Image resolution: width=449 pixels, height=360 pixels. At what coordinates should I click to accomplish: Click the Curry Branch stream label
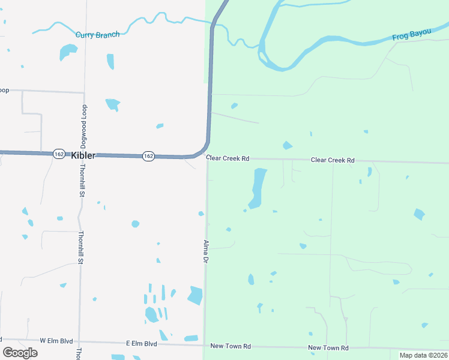pos(97,35)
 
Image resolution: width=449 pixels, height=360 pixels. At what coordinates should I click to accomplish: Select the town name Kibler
pos(83,155)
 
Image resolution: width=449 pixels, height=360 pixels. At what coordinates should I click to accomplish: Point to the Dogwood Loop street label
pos(85,126)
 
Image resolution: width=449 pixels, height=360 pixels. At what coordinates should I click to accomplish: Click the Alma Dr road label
pos(206,252)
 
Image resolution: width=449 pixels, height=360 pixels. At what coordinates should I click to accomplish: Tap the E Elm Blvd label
pos(141,344)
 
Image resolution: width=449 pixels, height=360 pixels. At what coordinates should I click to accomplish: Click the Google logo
pos(20,352)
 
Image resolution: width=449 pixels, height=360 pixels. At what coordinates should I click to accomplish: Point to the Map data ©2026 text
pos(423,355)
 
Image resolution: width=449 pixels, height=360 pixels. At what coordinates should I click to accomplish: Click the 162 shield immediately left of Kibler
pos(58,154)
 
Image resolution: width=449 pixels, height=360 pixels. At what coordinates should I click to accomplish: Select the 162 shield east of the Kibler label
pos(148,156)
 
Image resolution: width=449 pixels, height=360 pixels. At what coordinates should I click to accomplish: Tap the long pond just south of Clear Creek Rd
pos(258,188)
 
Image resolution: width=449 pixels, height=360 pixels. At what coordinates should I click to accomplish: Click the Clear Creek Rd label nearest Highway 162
pos(228,159)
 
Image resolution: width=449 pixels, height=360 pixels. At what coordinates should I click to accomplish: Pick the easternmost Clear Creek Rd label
pos(333,160)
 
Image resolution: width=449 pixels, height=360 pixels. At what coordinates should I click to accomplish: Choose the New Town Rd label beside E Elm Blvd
pos(231,347)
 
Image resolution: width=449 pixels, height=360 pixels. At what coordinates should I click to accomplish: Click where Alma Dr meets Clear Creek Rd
pos(208,160)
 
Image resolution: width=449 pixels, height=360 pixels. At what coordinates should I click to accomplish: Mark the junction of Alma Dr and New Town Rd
pos(205,345)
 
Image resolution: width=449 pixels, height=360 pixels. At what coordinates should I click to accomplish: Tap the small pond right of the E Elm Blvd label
pos(191,338)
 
